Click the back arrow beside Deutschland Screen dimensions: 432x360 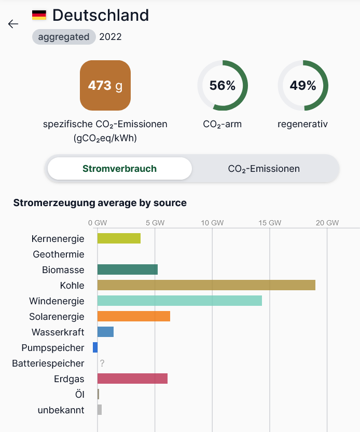click(x=13, y=24)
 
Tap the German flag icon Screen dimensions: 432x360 click(x=39, y=15)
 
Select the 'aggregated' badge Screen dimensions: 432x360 click(x=64, y=37)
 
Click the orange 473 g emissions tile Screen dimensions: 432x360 click(x=105, y=85)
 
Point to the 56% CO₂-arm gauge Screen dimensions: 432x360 click(x=223, y=86)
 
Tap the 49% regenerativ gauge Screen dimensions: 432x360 click(x=303, y=86)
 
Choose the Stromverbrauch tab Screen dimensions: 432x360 click(x=119, y=169)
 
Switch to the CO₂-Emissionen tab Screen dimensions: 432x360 click(x=264, y=169)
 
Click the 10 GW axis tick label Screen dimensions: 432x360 click(x=212, y=223)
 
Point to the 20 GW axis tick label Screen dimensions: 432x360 click(x=327, y=223)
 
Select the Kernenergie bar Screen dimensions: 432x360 click(x=119, y=238)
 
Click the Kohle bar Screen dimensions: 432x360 click(x=206, y=285)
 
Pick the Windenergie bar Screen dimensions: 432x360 click(x=179, y=301)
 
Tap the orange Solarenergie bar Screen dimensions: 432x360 click(x=134, y=316)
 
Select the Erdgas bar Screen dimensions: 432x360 click(x=132, y=379)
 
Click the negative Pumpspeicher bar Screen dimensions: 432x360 click(x=95, y=347)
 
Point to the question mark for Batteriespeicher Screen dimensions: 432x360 click(x=102, y=363)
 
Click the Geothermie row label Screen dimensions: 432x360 click(x=58, y=254)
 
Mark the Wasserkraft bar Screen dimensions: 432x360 click(x=105, y=332)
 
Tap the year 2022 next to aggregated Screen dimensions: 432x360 click(x=110, y=37)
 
